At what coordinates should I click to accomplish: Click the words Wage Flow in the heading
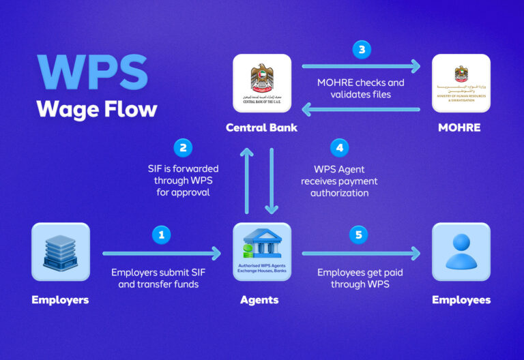pos(96,108)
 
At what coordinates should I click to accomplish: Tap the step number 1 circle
pos(162,235)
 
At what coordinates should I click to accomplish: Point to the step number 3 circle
pos(361,49)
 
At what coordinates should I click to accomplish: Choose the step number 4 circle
pos(338,147)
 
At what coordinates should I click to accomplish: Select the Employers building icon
pos(61,252)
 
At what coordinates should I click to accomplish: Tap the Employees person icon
pos(461,252)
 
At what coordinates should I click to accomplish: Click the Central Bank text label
pos(261,127)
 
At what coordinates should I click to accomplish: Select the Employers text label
pos(61,299)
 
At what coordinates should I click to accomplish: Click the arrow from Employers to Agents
pos(162,254)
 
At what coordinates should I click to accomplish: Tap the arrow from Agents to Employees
pos(361,254)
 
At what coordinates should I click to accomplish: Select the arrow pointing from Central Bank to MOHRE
pos(361,66)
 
